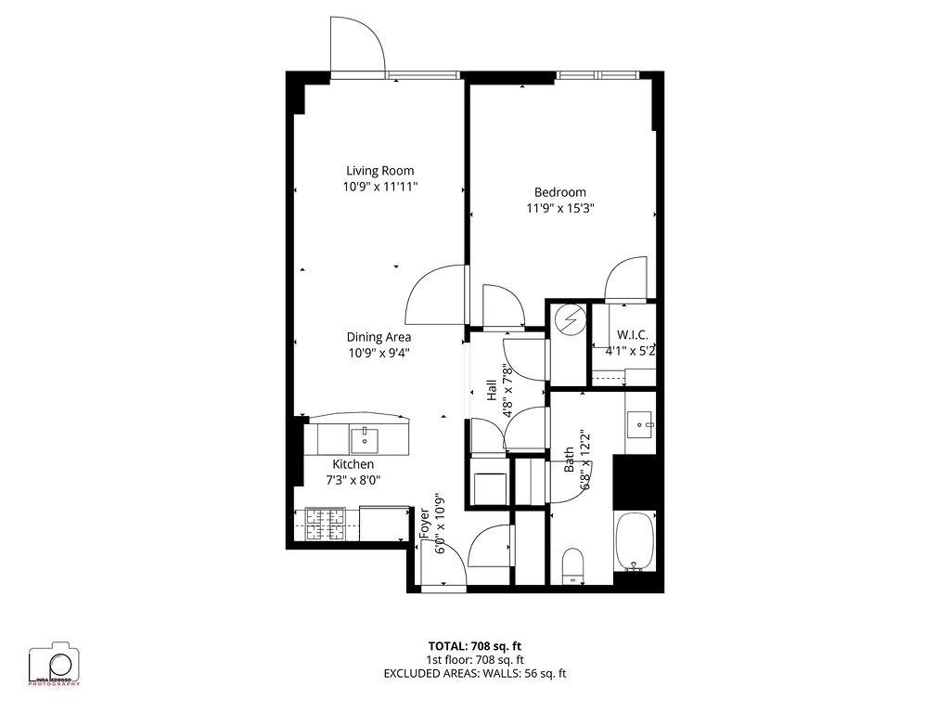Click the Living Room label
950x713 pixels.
[x=379, y=171]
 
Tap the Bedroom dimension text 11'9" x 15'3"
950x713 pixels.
[x=559, y=209]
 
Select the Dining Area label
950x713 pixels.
[x=379, y=337]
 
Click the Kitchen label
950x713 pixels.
[x=353, y=464]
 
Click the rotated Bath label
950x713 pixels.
[x=570, y=461]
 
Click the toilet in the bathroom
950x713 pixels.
[x=573, y=564]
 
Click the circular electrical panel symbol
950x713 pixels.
[x=569, y=318]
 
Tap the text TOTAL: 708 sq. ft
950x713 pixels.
[x=481, y=645]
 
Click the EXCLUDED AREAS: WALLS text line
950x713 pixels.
[x=474, y=673]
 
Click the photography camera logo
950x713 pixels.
[x=54, y=664]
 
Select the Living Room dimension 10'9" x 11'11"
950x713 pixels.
[x=379, y=187]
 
